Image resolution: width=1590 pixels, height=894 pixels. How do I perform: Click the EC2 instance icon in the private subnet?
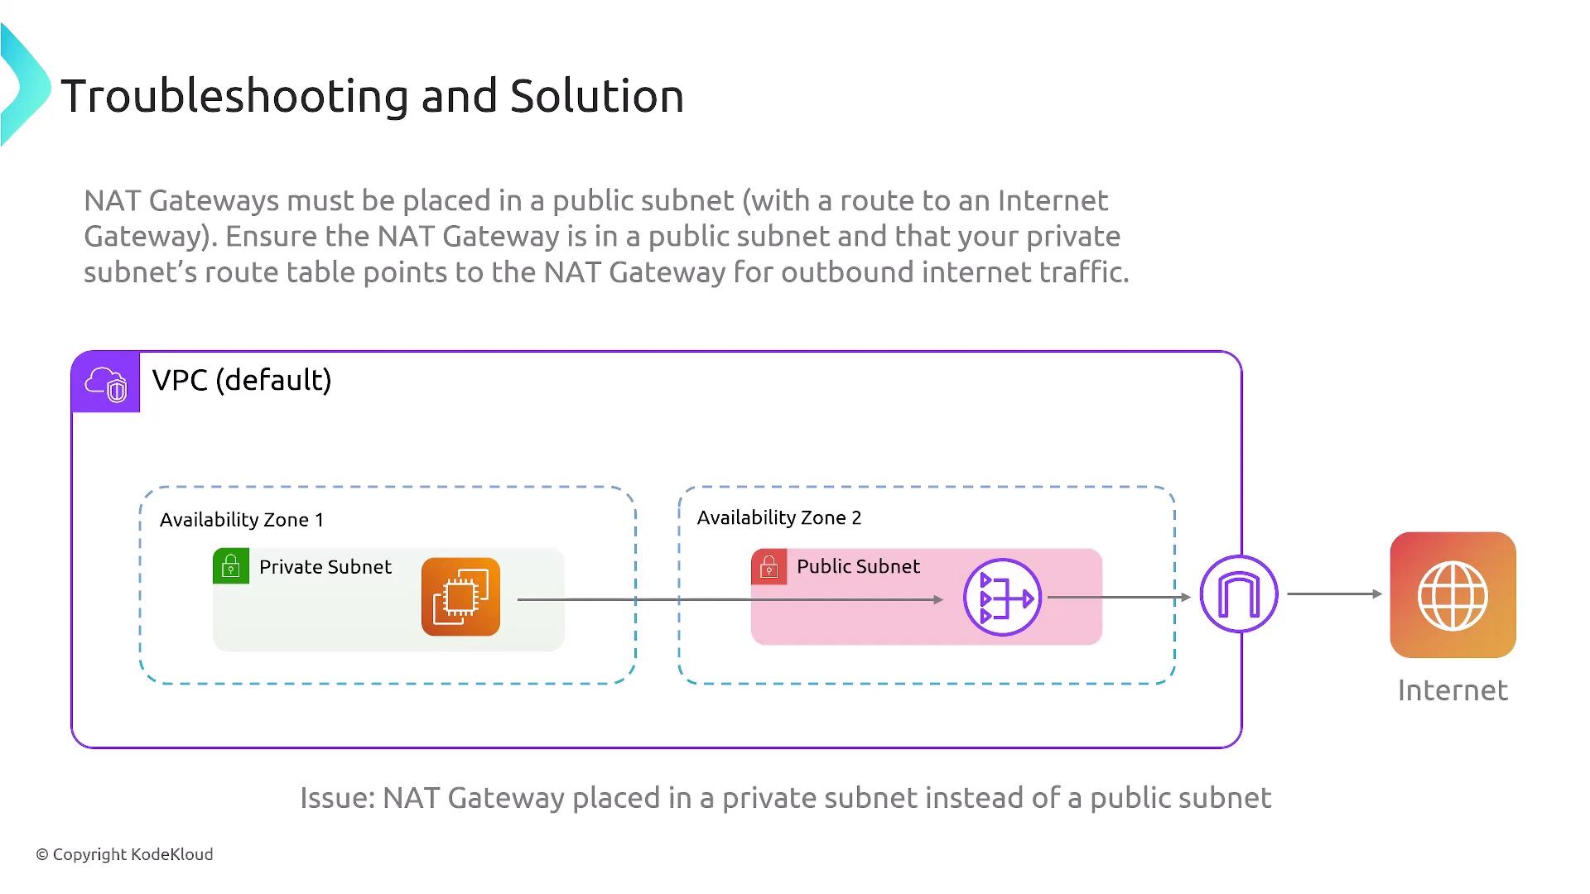460,597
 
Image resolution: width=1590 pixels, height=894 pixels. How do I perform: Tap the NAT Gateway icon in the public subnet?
1002,597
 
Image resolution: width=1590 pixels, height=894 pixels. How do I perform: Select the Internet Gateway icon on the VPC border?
1239,594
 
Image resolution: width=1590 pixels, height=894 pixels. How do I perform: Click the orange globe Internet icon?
1453,595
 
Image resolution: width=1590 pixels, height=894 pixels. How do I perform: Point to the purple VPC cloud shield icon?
106,382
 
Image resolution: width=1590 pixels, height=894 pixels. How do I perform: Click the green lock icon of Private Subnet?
231,566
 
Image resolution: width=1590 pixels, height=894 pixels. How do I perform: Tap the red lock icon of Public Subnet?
769,566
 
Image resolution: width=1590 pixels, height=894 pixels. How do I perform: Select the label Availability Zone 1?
242,520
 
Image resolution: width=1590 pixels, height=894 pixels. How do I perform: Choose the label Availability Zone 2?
779,518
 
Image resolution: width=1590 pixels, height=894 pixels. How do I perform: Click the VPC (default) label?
242,380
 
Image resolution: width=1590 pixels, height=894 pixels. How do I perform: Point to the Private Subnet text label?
325,567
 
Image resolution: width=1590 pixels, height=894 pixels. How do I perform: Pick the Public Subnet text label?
858,566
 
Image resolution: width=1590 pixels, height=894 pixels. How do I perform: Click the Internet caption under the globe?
1453,690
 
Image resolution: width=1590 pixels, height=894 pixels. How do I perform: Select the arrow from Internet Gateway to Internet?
1335,594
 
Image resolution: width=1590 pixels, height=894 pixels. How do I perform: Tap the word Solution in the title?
597,96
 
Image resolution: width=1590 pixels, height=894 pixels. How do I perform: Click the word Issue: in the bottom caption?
338,798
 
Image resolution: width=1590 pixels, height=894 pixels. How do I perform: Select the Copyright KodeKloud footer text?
124,854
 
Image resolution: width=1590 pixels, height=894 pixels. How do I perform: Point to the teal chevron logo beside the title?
26,85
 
